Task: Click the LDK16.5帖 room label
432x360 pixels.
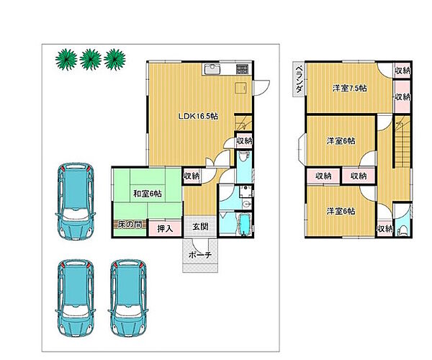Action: click(198, 116)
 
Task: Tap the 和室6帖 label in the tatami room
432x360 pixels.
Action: click(148, 194)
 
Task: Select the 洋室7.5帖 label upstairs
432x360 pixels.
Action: click(349, 89)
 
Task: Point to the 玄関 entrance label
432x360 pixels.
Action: click(200, 227)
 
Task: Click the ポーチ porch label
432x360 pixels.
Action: click(200, 255)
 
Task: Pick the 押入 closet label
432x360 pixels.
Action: click(165, 228)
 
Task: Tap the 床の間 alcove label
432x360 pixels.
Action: click(130, 225)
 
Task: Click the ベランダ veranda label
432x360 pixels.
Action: click(299, 79)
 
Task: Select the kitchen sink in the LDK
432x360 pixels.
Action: click(211, 69)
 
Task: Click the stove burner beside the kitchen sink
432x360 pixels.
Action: click(242, 69)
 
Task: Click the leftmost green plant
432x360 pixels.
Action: click(66, 60)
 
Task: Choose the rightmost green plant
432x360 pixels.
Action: click(115, 60)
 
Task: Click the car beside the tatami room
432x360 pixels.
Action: click(76, 201)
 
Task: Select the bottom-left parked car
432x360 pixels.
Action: click(76, 298)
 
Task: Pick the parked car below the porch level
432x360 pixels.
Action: click(128, 298)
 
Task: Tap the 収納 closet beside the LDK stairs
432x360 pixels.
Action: click(244, 140)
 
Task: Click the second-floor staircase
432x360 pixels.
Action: click(403, 142)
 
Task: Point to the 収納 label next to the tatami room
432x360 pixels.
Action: click(192, 176)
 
